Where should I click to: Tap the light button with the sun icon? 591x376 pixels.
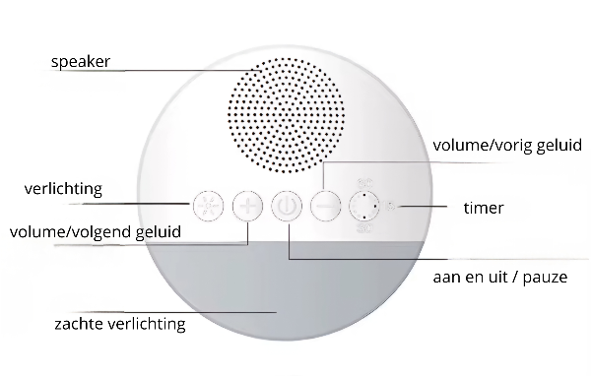click(x=206, y=207)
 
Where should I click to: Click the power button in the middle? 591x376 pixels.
click(x=286, y=207)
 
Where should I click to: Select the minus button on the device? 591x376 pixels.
click(x=325, y=207)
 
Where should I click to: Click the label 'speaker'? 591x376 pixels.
click(x=81, y=62)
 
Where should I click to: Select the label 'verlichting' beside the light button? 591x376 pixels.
click(x=64, y=188)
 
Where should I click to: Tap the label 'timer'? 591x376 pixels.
click(x=484, y=208)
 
